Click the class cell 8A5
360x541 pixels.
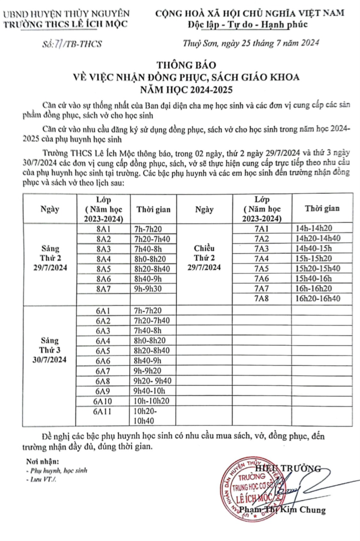[103, 269]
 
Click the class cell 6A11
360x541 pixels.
[103, 412]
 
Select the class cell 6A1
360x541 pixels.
[103, 310]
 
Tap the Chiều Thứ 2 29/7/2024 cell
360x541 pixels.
[208, 258]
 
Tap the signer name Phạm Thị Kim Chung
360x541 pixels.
[292, 510]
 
